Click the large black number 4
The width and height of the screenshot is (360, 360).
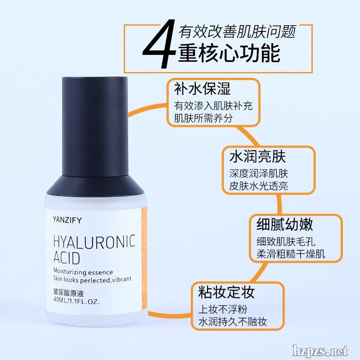click(x=158, y=44)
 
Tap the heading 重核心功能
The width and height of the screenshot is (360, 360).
click(x=229, y=53)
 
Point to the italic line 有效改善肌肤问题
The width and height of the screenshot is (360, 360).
click(x=237, y=31)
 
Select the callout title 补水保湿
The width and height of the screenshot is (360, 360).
click(x=202, y=88)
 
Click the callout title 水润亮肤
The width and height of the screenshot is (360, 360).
click(x=257, y=156)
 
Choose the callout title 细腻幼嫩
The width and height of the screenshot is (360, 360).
click(x=285, y=224)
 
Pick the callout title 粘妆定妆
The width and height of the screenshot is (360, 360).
click(x=227, y=292)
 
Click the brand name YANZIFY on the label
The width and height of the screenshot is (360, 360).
click(x=67, y=220)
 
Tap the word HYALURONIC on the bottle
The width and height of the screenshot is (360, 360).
click(x=94, y=242)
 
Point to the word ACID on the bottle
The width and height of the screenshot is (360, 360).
click(x=67, y=257)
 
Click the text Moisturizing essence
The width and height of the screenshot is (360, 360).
click(x=83, y=272)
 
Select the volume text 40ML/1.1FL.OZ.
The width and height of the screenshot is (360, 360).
click(x=76, y=301)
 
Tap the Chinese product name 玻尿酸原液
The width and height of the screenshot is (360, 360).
click(x=68, y=293)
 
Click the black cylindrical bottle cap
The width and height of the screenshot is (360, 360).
click(x=95, y=126)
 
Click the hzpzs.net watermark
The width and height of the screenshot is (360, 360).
click(x=320, y=351)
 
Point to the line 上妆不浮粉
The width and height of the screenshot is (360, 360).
click(x=223, y=309)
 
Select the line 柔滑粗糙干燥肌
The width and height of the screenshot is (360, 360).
click(x=291, y=254)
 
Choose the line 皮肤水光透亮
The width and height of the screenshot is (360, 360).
click(x=258, y=186)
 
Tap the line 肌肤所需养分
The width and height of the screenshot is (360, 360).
click(x=203, y=118)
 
